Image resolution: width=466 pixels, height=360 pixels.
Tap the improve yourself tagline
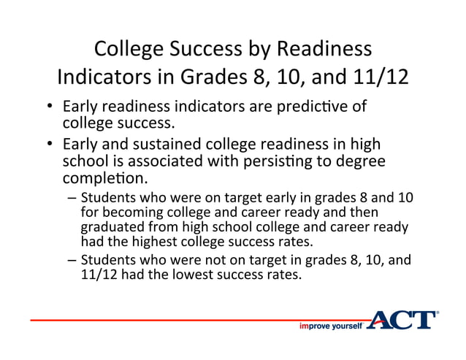[x=331, y=326]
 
